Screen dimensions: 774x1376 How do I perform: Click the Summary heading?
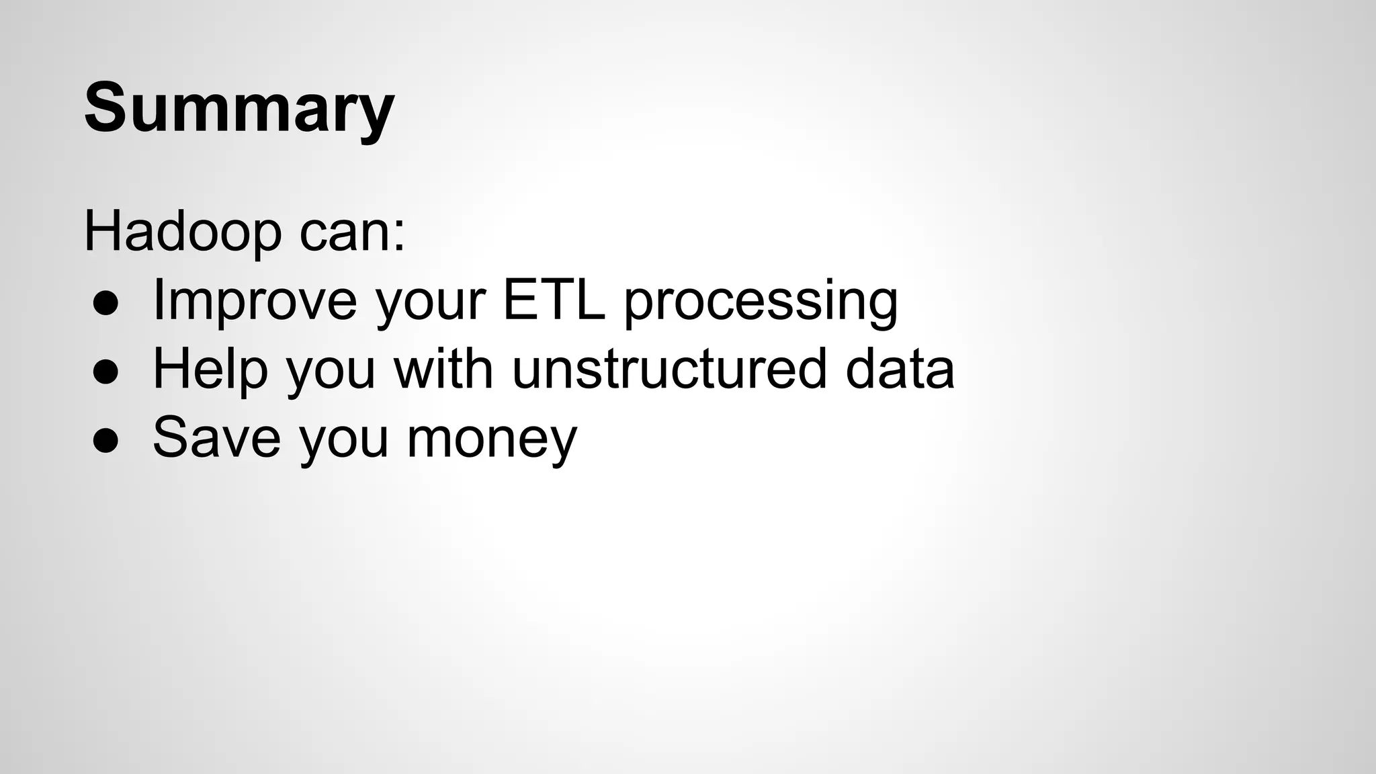[x=239, y=107]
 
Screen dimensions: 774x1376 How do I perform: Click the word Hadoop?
[x=182, y=232]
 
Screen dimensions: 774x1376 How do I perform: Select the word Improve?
[x=255, y=300]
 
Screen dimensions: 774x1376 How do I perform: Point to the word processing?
[x=761, y=302]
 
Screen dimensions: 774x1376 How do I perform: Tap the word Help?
[x=210, y=369]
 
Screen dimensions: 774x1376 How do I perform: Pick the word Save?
[x=216, y=437]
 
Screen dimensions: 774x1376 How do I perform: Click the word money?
[x=492, y=439]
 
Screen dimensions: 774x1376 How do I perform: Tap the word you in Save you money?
[x=343, y=439]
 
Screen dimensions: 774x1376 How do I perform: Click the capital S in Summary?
[x=107, y=107]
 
